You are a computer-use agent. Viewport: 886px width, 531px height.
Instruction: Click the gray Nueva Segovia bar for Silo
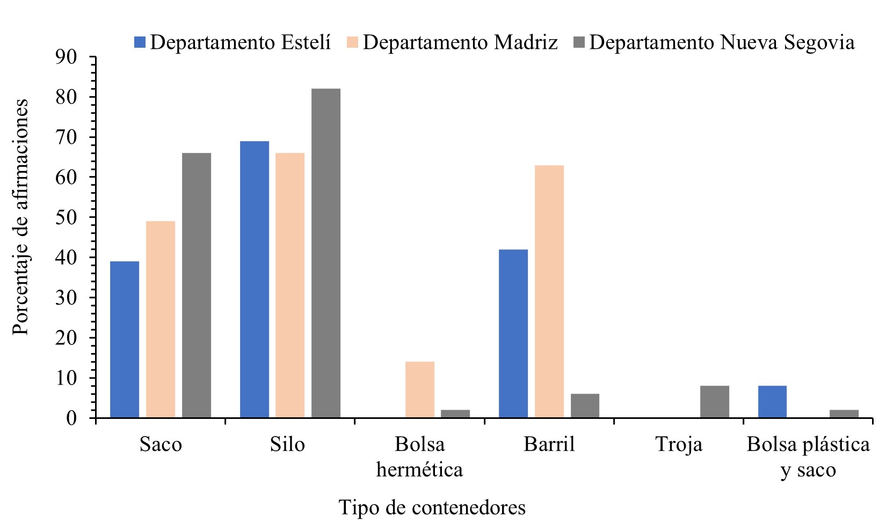[325, 253]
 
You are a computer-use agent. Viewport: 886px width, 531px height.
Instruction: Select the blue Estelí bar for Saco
[125, 339]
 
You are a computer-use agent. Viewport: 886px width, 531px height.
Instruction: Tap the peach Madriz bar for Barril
[549, 291]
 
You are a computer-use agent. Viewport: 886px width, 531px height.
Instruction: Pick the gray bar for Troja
[715, 402]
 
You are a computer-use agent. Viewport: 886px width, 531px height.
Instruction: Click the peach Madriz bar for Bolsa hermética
[419, 390]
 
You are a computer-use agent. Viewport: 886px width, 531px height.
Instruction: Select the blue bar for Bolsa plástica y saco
[772, 402]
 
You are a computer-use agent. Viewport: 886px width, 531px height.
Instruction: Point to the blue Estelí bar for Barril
[513, 333]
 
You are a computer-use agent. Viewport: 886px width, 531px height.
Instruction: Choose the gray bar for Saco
[197, 285]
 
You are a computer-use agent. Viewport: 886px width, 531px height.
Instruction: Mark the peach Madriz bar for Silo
[290, 285]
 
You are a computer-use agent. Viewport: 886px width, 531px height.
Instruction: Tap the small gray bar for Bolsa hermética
[455, 414]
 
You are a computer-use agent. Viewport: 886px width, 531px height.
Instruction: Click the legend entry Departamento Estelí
[233, 42]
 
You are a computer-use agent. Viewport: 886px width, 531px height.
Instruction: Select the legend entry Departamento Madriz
[453, 42]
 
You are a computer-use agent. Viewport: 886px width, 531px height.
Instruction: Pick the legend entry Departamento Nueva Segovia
[714, 42]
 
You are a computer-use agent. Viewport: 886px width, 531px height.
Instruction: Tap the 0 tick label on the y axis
[71, 418]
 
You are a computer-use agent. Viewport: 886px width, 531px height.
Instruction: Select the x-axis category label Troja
[679, 445]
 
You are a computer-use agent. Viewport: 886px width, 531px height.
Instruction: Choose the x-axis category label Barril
[549, 445]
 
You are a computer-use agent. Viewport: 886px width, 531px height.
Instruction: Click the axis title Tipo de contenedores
[432, 507]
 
